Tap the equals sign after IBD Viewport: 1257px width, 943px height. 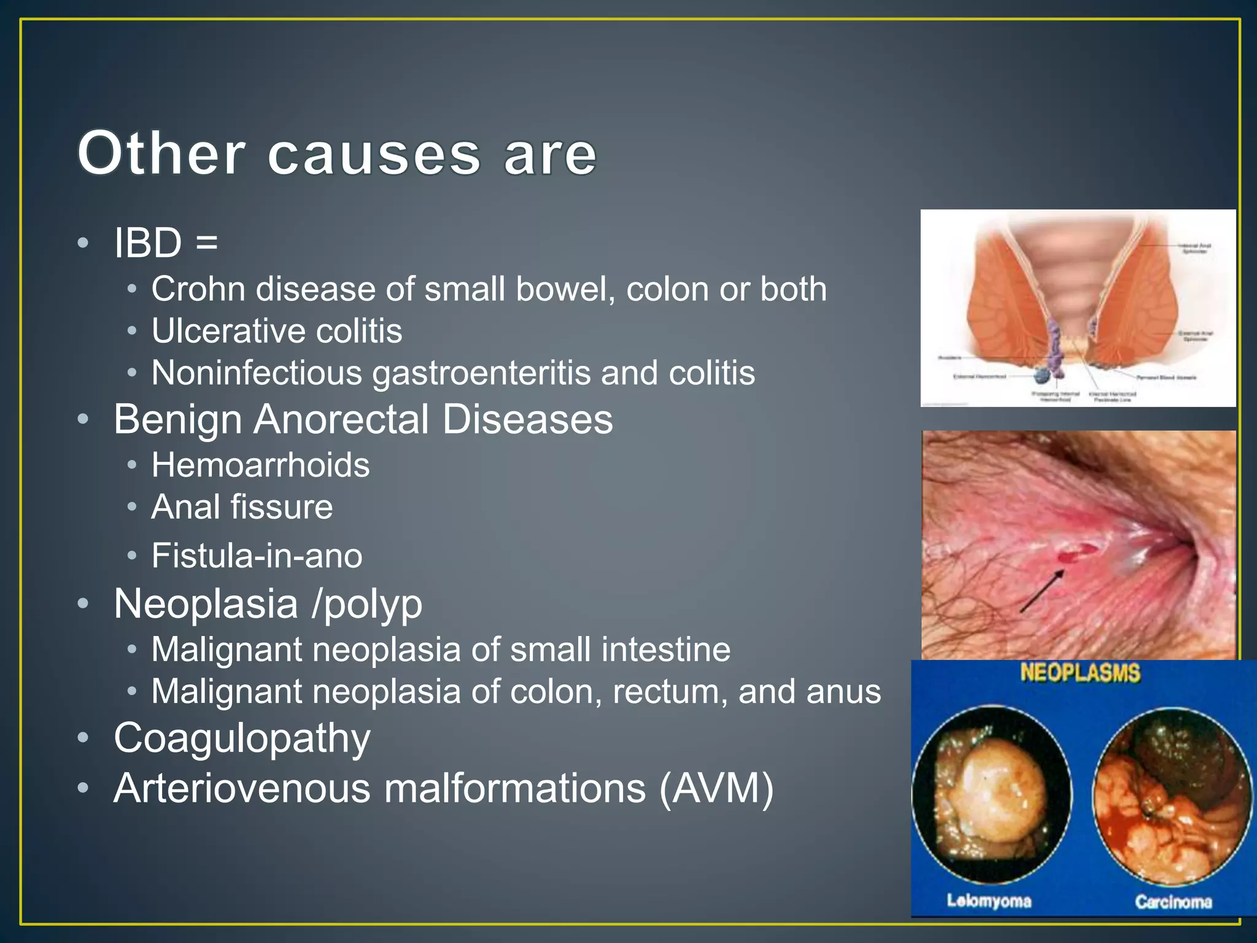(207, 243)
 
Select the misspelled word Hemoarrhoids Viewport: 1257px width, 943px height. (260, 465)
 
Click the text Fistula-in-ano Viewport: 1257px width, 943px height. (257, 556)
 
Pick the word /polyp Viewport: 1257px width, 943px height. (366, 604)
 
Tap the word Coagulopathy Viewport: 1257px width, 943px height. (242, 737)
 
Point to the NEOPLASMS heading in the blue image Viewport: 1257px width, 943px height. (1080, 673)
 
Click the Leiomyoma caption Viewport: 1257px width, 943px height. (989, 901)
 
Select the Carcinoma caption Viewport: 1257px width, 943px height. (1173, 901)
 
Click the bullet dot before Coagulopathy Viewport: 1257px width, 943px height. (83, 737)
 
